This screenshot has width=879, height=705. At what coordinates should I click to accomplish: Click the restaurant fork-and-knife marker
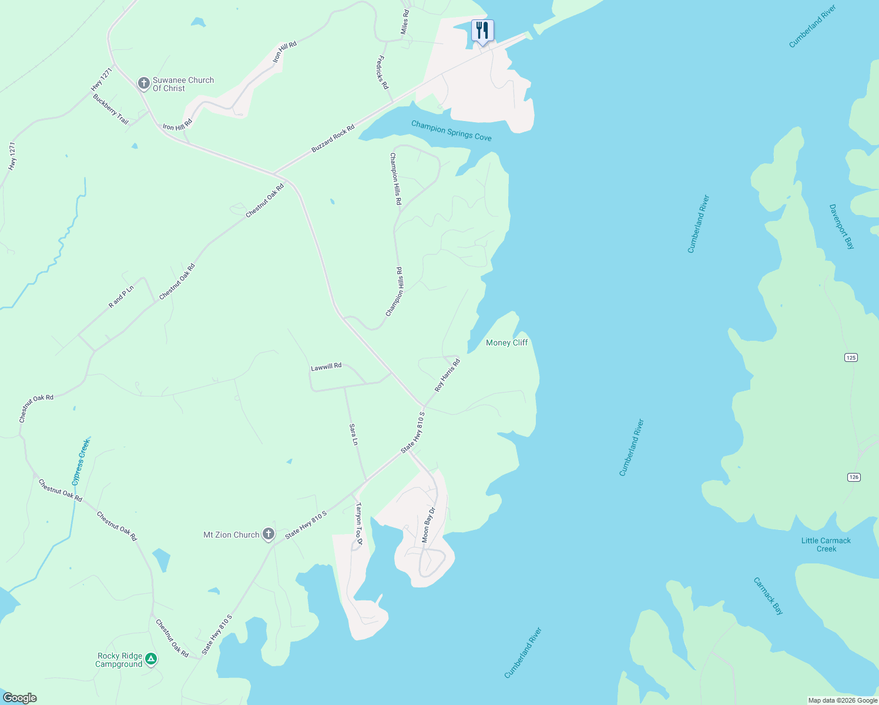coord(482,30)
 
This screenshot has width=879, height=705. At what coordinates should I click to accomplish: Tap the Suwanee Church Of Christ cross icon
coord(143,83)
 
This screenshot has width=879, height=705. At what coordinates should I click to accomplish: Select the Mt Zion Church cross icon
coord(269,534)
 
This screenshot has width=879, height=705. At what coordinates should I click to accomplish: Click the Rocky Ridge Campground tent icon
coord(151,659)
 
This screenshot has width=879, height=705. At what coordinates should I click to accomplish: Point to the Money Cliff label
coord(506,343)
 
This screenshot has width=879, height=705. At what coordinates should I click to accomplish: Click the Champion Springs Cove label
coord(451,130)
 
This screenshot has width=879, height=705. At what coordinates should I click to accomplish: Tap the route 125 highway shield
coord(851,357)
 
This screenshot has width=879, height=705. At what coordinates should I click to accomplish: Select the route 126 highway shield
coord(854,477)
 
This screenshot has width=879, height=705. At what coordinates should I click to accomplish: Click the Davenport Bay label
coord(841,227)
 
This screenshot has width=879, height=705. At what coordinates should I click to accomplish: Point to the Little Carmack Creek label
coord(826,545)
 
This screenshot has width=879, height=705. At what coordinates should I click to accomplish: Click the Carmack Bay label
coord(769,596)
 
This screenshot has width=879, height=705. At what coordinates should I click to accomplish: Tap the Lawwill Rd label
coord(326,367)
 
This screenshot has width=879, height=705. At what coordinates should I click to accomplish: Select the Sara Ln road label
coord(354,434)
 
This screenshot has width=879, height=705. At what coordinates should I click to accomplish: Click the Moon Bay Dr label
coord(428,525)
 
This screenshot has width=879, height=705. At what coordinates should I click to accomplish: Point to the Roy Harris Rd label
coord(447,376)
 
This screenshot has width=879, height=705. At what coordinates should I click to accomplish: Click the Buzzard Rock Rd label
coord(333,139)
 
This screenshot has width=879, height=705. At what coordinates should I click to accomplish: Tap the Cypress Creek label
coord(80,462)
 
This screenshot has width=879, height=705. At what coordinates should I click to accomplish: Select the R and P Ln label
coord(122,297)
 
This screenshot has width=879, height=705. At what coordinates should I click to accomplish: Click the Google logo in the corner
coord(19,698)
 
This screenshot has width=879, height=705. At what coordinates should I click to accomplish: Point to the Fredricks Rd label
coord(382,72)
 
